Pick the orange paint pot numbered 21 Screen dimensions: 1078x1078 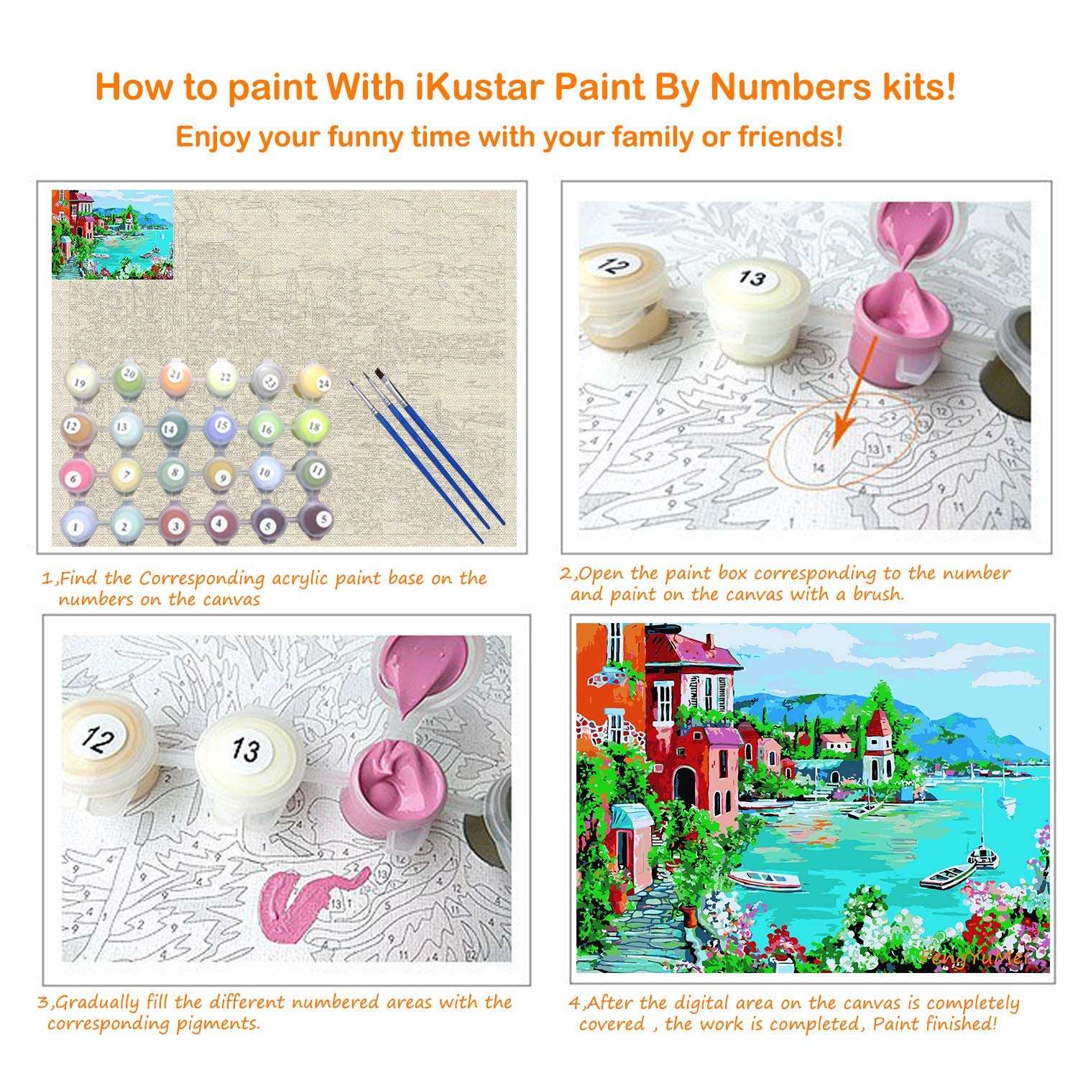(x=173, y=376)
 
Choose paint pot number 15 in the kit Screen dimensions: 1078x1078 (x=221, y=426)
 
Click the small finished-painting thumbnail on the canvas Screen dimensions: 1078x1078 (x=112, y=234)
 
